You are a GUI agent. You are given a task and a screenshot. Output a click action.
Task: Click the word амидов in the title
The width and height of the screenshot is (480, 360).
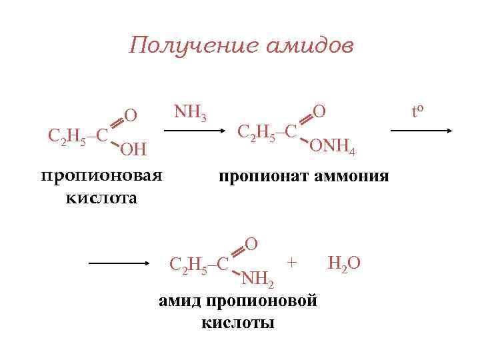click(310, 45)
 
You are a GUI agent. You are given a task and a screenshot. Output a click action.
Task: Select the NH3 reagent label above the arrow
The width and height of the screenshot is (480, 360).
click(190, 113)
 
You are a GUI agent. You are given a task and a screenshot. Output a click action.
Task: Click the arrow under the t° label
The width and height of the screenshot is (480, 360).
click(421, 132)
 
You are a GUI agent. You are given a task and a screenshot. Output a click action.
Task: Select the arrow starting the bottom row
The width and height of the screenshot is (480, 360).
click(119, 264)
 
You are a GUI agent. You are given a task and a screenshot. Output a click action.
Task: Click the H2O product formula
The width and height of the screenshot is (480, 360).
click(344, 263)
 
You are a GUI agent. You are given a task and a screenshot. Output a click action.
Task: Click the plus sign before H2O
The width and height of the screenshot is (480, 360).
click(291, 261)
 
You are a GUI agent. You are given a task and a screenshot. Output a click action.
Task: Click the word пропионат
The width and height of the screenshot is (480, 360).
click(259, 177)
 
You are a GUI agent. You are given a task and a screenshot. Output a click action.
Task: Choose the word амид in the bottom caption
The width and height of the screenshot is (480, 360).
click(181, 301)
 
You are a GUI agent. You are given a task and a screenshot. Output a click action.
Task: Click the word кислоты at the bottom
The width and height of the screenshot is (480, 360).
click(237, 323)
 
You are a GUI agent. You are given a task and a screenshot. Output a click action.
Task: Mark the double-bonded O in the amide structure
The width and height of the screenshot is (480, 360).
click(251, 243)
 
